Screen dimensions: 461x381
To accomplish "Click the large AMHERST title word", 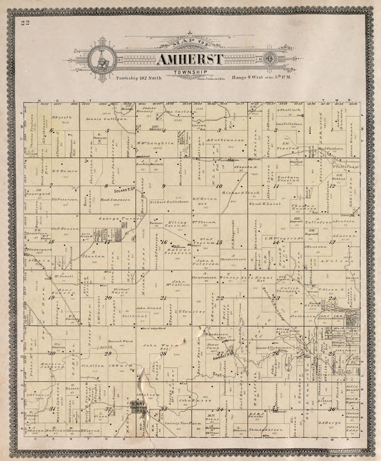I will (x=190, y=60).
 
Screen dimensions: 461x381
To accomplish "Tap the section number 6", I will (x=52, y=130).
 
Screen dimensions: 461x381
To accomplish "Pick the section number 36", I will (x=332, y=409).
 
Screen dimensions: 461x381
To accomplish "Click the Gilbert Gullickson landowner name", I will (x=169, y=201).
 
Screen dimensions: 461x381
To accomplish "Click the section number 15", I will (x=219, y=242).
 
